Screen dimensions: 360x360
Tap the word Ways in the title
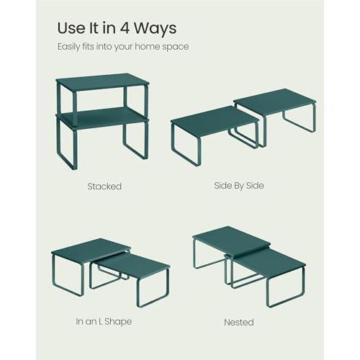pos(155,29)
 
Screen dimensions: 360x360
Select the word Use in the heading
pos(71,28)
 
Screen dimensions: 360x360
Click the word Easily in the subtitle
pos(68,47)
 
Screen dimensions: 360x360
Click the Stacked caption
pos(104,186)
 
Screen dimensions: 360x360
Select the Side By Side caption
pos(239,186)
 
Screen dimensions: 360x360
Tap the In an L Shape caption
pos(104,322)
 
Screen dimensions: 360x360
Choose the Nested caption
pos(239,322)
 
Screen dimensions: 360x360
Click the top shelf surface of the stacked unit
pos(102,81)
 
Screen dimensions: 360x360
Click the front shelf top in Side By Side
pos(214,122)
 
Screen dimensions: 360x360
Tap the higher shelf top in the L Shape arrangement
pos(91,251)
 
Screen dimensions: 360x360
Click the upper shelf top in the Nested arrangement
pos(232,240)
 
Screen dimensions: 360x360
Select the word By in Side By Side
pos(239,186)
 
